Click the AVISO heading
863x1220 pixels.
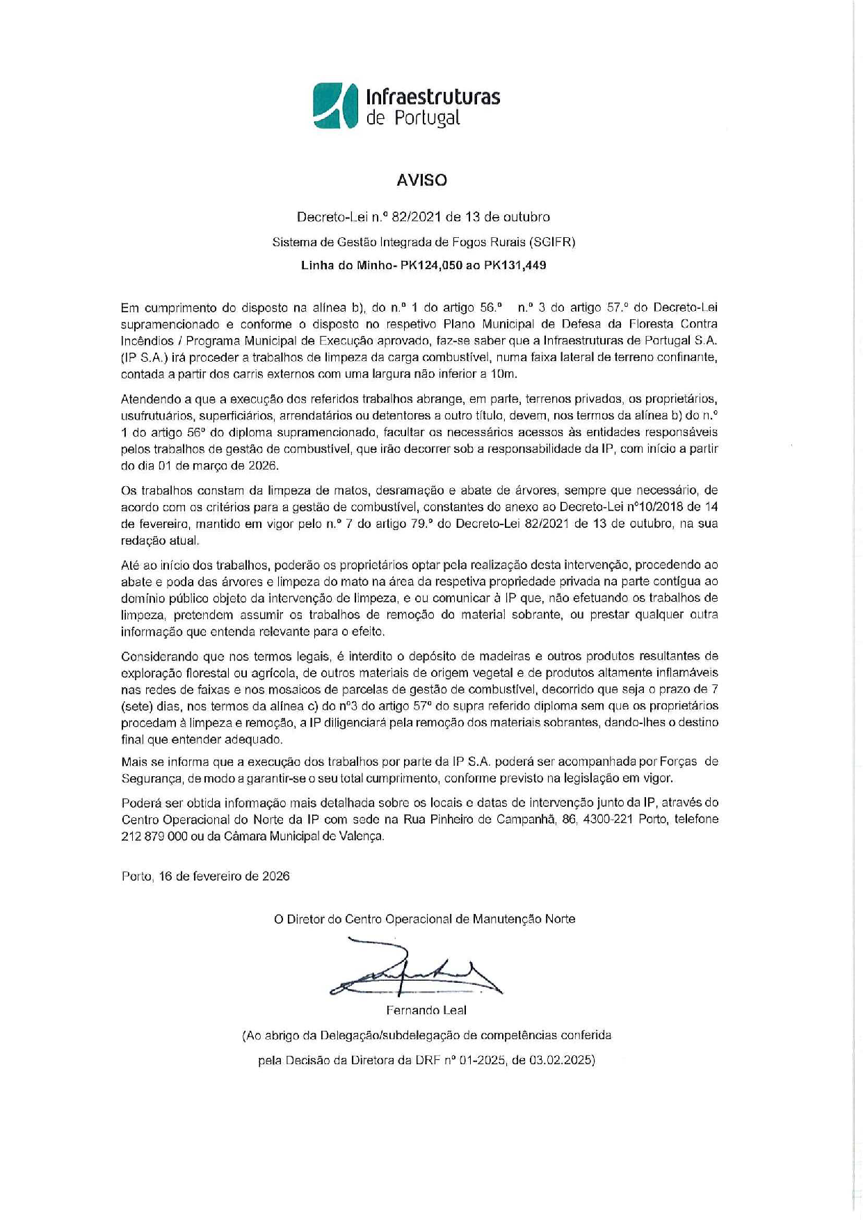[421, 180]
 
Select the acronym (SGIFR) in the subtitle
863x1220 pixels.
[551, 242]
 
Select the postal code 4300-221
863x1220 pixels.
[608, 819]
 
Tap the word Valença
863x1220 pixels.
[361, 836]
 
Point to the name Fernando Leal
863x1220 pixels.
[426, 1010]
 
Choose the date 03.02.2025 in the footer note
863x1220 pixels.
[560, 1060]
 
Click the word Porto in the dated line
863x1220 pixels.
[136, 876]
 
